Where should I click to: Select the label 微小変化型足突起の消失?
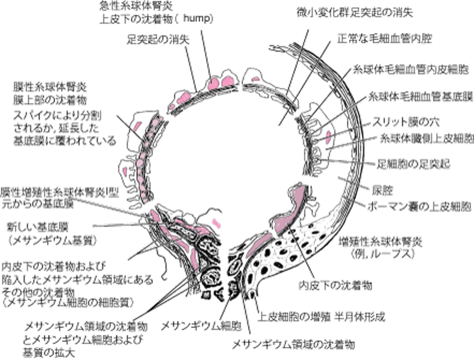[355, 10]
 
